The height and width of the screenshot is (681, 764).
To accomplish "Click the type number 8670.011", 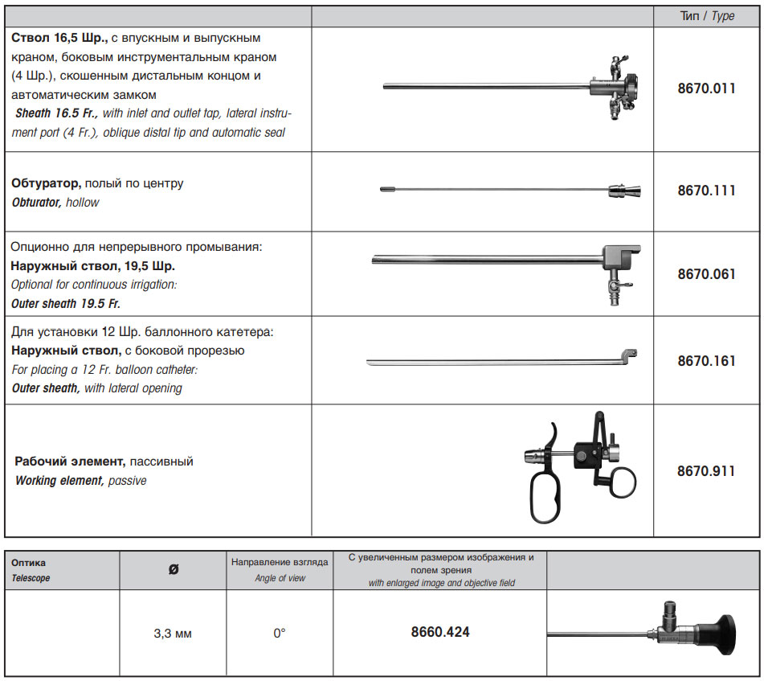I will tap(706, 88).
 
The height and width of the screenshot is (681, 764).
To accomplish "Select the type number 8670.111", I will tap(706, 191).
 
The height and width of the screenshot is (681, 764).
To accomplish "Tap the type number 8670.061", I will tap(706, 274).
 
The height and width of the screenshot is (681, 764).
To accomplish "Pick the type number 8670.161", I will tap(706, 361).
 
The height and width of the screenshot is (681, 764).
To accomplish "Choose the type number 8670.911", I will tap(706, 471).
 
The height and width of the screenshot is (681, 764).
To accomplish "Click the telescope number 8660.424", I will tap(439, 632).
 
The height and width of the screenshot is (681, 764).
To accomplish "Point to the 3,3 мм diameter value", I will tap(173, 634).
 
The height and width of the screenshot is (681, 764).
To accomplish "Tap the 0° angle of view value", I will tap(280, 634).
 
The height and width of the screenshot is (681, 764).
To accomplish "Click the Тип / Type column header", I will tap(707, 16).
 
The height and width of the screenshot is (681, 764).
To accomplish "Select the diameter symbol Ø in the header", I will tap(174, 569).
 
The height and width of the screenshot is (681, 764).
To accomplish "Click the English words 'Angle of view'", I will tap(280, 578).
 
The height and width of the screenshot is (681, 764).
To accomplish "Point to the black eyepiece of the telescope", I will tap(719, 633).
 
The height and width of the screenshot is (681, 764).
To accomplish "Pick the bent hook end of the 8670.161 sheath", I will tap(631, 354).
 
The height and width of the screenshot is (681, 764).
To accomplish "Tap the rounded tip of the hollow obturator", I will tap(386, 190).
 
